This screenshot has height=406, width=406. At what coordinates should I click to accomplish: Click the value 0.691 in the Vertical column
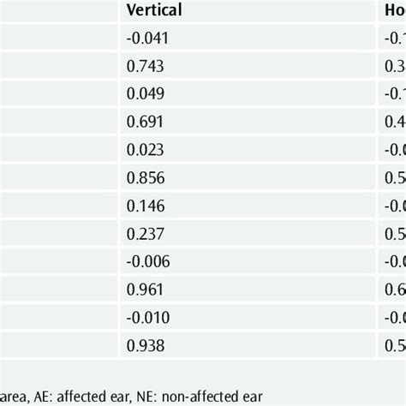tap(140, 122)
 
